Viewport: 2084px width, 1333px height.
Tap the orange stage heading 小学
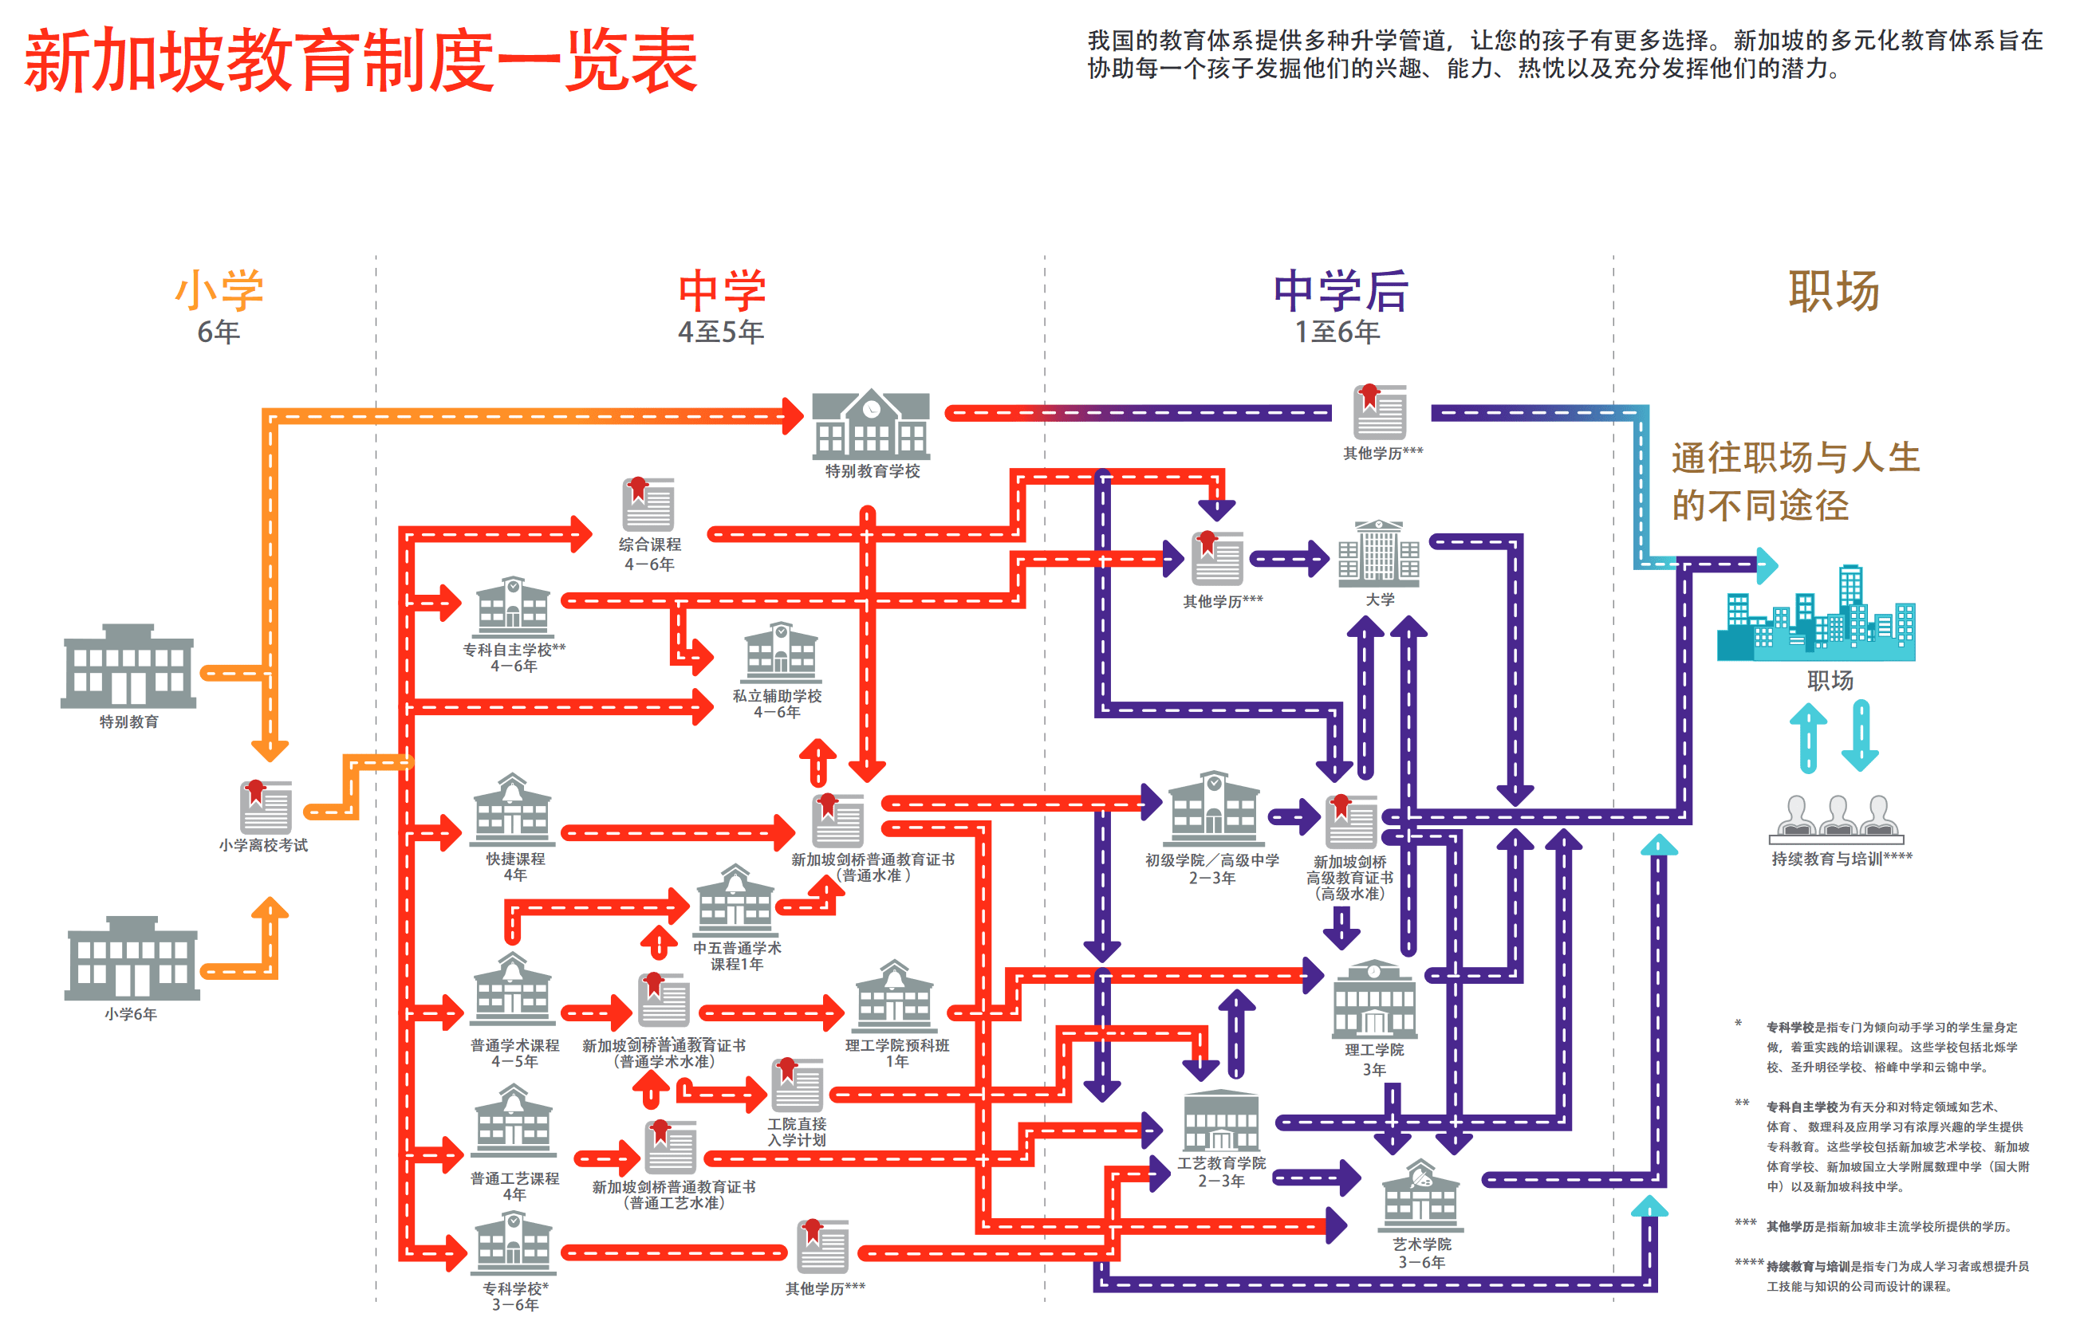point(219,291)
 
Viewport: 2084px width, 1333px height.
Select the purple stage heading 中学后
point(1340,291)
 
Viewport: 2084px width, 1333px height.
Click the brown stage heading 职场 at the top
point(1834,291)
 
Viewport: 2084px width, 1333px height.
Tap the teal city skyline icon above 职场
point(1817,615)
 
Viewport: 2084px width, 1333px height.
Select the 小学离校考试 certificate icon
point(265,807)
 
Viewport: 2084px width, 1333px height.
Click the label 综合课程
point(649,545)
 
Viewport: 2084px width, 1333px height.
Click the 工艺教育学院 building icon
point(1221,1121)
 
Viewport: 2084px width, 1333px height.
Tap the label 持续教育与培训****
point(1841,859)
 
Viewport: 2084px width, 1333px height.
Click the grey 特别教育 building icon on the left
point(128,666)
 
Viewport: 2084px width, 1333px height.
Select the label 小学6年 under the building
point(131,1013)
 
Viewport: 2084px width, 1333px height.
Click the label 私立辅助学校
point(777,696)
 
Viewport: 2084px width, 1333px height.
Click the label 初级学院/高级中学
point(1211,860)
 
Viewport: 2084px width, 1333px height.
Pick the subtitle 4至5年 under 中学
point(720,332)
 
